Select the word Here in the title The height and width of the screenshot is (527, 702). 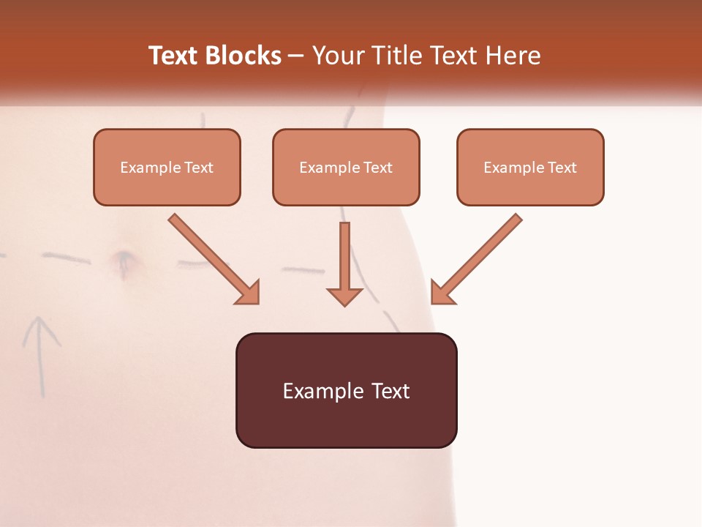pyautogui.click(x=513, y=56)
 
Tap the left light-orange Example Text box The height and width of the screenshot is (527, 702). pyautogui.click(x=167, y=168)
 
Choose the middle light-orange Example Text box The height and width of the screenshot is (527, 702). pyautogui.click(x=346, y=168)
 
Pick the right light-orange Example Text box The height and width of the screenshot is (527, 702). pyautogui.click(x=530, y=168)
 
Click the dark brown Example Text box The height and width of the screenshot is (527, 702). pyautogui.click(x=346, y=391)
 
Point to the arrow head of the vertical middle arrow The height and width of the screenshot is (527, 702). pyautogui.click(x=344, y=296)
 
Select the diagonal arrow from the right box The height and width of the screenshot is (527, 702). pyautogui.click(x=477, y=258)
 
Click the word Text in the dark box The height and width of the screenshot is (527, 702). pyautogui.click(x=390, y=391)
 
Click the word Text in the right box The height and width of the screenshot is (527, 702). pyautogui.click(x=562, y=168)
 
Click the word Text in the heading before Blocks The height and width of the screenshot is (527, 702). pyautogui.click(x=173, y=56)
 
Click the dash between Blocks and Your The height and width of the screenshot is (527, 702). pyautogui.click(x=296, y=56)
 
